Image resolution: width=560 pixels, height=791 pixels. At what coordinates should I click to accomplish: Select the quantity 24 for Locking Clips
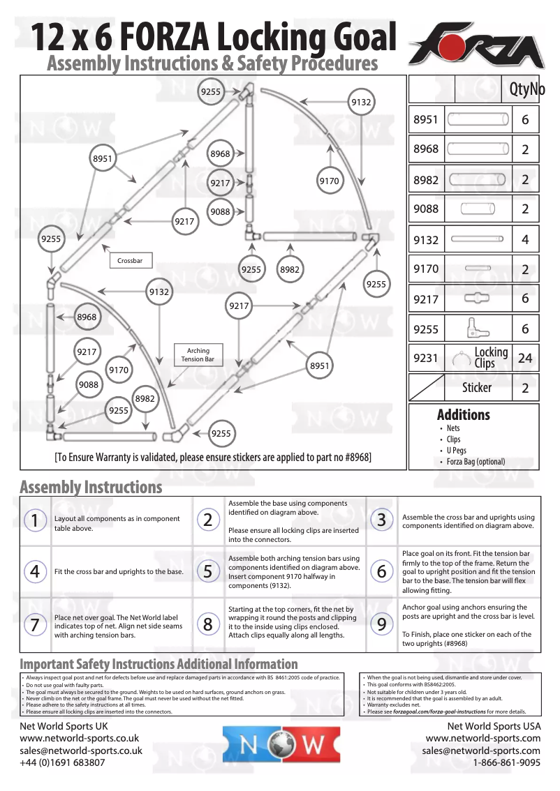(525, 358)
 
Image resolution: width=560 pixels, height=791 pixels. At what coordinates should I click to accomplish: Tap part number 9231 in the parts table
(425, 358)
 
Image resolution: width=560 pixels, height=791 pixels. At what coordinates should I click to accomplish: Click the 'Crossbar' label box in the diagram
(130, 261)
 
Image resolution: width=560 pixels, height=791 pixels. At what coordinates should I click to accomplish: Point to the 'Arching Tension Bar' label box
(198, 354)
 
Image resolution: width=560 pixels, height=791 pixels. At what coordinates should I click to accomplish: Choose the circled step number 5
(207, 571)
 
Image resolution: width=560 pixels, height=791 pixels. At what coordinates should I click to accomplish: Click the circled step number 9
(381, 624)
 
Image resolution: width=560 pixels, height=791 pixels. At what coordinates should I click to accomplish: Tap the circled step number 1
(34, 520)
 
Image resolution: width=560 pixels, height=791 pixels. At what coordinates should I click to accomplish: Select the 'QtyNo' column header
(526, 89)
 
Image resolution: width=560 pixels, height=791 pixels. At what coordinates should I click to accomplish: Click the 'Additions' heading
(463, 414)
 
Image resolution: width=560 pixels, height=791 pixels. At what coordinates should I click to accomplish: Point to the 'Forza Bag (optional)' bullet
(476, 461)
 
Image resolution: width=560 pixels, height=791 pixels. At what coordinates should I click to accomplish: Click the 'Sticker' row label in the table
(476, 387)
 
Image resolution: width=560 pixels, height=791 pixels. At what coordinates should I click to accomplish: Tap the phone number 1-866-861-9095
(506, 762)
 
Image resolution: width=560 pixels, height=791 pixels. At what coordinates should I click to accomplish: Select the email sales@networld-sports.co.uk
(81, 751)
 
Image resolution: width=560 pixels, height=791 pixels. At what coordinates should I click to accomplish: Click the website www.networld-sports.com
(482, 738)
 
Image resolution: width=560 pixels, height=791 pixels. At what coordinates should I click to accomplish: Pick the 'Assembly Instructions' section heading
(91, 486)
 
